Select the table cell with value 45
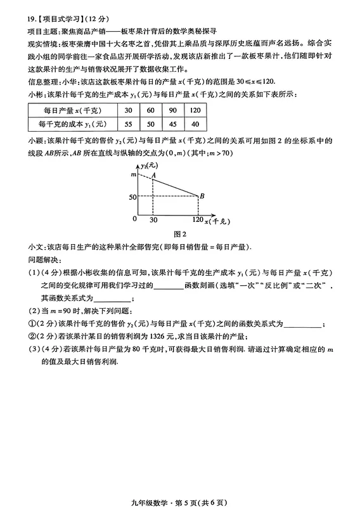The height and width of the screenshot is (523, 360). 172,124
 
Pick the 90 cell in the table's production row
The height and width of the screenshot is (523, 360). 172,110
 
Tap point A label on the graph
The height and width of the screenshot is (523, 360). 153,166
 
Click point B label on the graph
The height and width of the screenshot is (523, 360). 202,195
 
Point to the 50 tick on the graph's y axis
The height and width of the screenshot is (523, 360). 132,197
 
